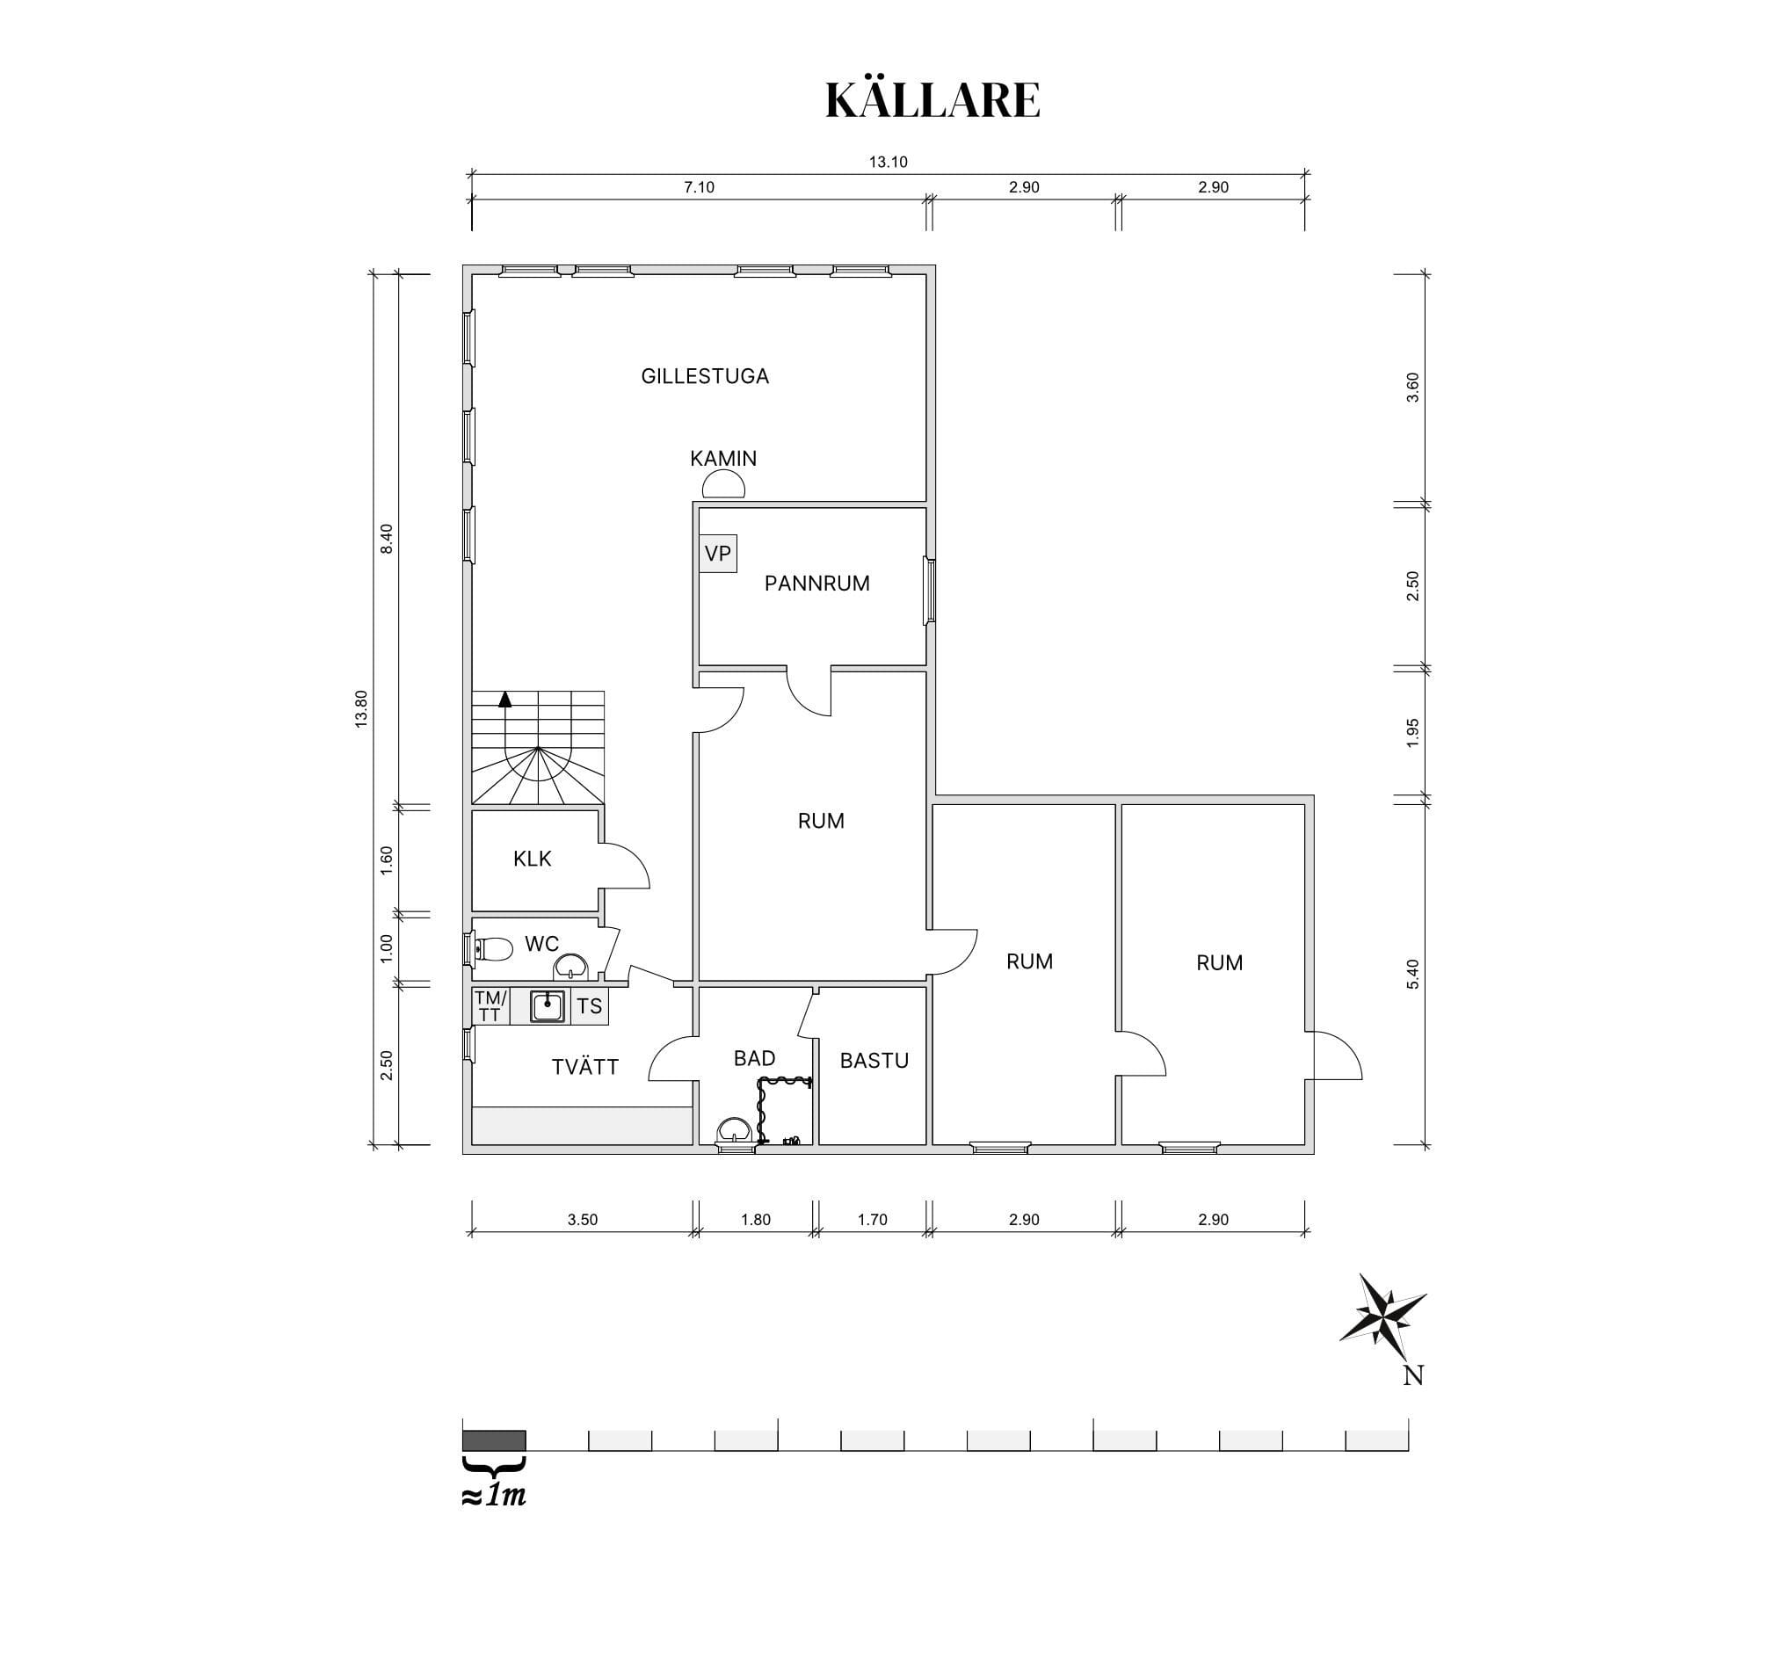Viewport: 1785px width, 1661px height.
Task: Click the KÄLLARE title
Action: [932, 99]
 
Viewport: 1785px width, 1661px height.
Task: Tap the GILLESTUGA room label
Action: [705, 376]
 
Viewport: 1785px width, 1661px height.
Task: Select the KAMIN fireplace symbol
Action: [722, 485]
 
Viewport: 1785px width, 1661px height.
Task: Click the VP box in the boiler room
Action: [717, 554]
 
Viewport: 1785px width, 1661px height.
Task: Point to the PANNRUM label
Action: [817, 584]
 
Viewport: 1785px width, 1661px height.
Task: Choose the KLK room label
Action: [533, 860]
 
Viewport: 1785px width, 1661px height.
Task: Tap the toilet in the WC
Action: [493, 948]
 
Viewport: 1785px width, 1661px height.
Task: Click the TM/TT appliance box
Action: [491, 1006]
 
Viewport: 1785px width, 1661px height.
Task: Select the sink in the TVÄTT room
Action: [547, 1006]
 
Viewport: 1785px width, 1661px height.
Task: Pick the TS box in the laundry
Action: [590, 1006]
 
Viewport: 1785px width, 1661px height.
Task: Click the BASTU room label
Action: [874, 1062]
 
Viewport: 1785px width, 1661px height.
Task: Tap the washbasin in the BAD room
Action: [736, 1131]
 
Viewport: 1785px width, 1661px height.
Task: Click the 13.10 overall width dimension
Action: [888, 163]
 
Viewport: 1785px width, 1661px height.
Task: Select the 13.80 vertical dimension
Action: [361, 708]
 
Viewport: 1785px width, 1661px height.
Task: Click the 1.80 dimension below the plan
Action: [756, 1219]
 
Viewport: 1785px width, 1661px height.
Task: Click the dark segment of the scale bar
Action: [494, 1441]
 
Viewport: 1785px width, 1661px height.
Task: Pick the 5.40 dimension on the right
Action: [1412, 974]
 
